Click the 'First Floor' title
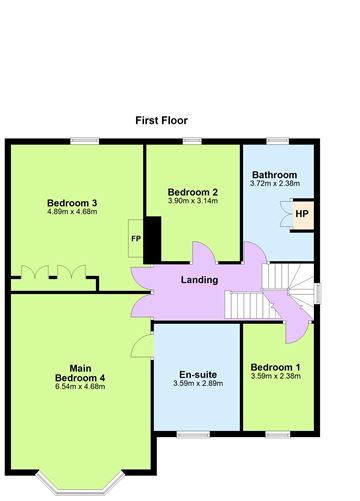[x=162, y=120]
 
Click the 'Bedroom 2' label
[x=193, y=192]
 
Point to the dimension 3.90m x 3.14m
[x=193, y=202]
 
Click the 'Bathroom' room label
[x=274, y=174]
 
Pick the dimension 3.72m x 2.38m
[x=274, y=184]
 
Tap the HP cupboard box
[x=301, y=213]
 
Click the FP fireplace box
[x=136, y=238]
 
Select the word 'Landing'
[x=199, y=279]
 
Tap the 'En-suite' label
[x=196, y=374]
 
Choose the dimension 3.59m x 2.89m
[x=196, y=384]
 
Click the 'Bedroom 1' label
[x=274, y=366]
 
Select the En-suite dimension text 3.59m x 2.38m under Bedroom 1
[x=274, y=377]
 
